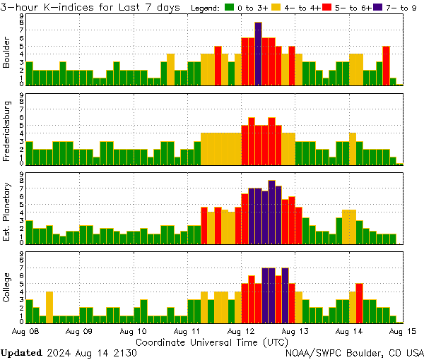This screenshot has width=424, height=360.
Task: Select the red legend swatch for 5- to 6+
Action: click(326, 8)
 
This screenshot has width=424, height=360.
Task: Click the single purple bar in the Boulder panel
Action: click(259, 53)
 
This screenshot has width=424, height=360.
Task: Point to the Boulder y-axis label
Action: click(7, 53)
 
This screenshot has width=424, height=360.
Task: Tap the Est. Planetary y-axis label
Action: click(7, 211)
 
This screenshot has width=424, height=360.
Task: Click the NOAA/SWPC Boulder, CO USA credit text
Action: click(354, 352)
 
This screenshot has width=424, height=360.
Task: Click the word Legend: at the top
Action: click(206, 8)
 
